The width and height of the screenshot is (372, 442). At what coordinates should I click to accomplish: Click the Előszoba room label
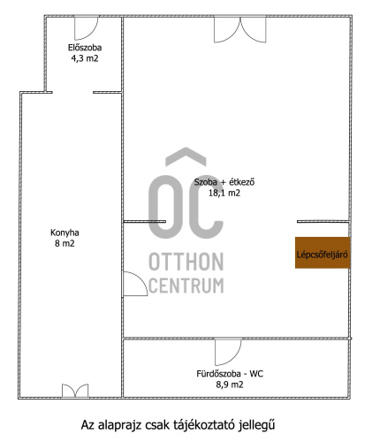pyautogui.click(x=85, y=48)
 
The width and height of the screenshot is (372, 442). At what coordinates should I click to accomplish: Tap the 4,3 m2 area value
pyautogui.click(x=85, y=58)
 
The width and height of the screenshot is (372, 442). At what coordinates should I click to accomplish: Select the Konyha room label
pyautogui.click(x=65, y=232)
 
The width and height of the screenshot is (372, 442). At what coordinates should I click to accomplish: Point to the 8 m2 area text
pyautogui.click(x=65, y=243)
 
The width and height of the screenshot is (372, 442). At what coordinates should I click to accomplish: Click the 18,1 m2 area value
pyautogui.click(x=224, y=193)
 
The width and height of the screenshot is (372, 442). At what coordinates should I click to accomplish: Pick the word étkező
pyautogui.click(x=242, y=182)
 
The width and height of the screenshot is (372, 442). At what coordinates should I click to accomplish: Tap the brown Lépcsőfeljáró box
pyautogui.click(x=323, y=253)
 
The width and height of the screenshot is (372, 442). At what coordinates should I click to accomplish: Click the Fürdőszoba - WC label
pyautogui.click(x=230, y=374)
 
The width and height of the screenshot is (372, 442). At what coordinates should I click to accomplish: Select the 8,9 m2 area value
pyautogui.click(x=230, y=385)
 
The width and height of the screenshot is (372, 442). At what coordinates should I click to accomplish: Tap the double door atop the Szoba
pyautogui.click(x=240, y=30)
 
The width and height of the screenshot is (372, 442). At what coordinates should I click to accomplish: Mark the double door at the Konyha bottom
pyautogui.click(x=75, y=391)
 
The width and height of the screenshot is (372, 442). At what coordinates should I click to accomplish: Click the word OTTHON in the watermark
pyautogui.click(x=186, y=262)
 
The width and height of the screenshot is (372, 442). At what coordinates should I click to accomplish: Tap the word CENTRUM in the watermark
pyautogui.click(x=186, y=286)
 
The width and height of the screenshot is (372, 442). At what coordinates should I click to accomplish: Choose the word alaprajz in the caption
pyautogui.click(x=120, y=425)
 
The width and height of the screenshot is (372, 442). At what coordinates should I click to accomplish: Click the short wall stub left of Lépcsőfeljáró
pyautogui.click(x=323, y=221)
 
